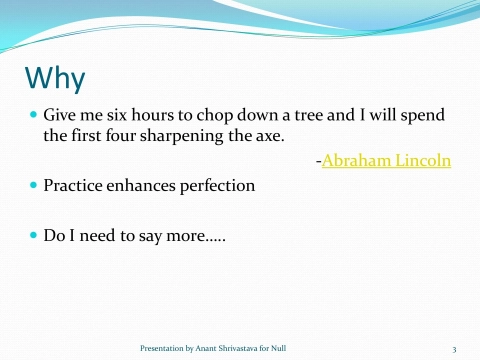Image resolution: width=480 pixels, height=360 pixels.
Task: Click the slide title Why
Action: click(55, 79)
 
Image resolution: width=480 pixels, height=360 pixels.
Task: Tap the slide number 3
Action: click(454, 348)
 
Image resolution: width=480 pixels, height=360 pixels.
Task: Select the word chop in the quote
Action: click(198, 116)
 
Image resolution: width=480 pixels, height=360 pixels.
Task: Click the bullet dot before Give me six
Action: click(32, 116)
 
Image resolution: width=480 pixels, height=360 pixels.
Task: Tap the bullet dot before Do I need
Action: click(32, 237)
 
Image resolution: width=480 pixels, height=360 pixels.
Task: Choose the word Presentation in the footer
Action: click(160, 348)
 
